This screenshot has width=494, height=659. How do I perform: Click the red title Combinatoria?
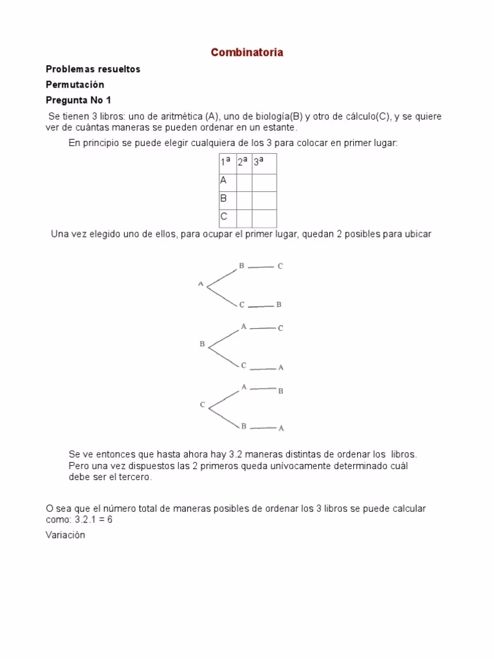pos(247,53)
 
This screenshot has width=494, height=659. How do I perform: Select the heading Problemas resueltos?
pos(93,69)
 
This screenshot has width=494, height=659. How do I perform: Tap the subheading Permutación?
pos(75,84)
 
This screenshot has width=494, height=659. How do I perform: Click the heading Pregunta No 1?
pos(78,100)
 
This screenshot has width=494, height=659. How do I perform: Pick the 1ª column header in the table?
pos(225,163)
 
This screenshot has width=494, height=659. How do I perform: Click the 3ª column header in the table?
pos(259,163)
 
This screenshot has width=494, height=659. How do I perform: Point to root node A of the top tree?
pos(201,283)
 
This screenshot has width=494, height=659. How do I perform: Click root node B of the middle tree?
pos(202,344)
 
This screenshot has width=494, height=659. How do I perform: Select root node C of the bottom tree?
pos(202,405)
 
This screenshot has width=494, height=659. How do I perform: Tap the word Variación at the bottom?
pos(65,535)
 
